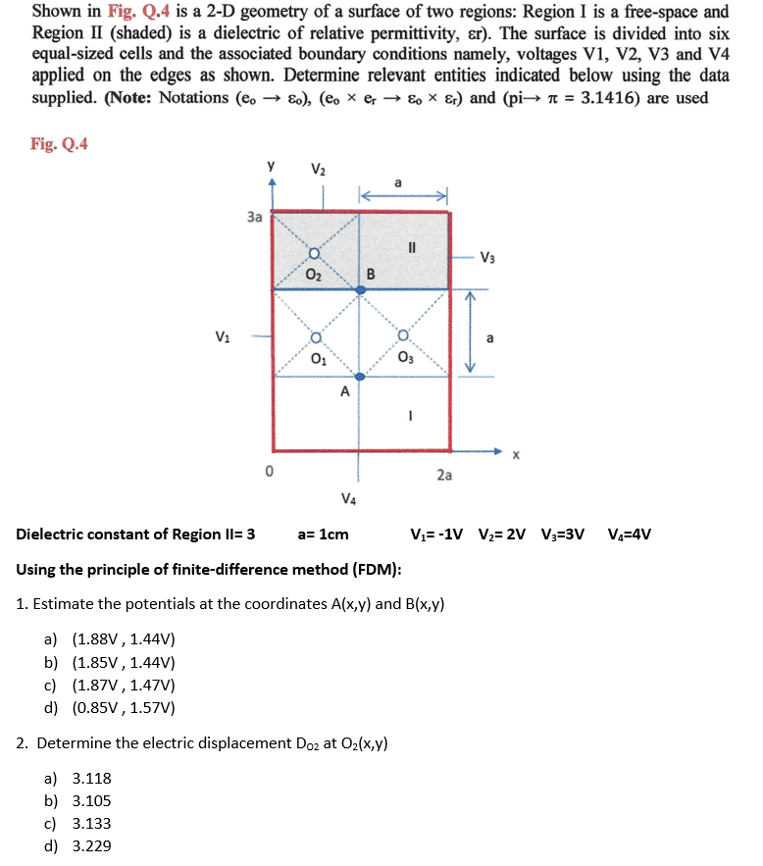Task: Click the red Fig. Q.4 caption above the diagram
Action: [59, 144]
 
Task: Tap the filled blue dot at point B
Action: [360, 287]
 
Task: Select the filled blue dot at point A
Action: [360, 377]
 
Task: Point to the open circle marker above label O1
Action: [315, 339]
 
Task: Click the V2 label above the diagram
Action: [318, 169]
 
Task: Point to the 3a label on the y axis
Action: [254, 217]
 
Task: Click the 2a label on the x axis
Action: [444, 476]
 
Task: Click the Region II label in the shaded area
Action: [411, 247]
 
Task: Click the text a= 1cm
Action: [323, 535]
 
